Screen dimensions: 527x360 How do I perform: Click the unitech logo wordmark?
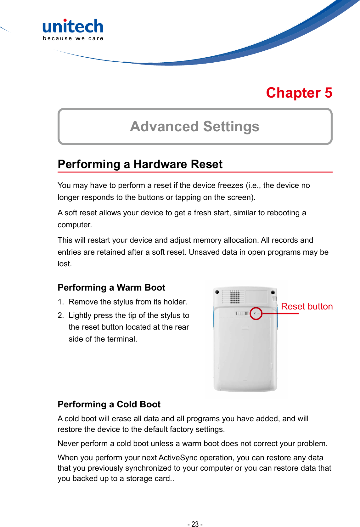(73, 26)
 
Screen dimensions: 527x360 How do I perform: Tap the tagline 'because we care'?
(73, 38)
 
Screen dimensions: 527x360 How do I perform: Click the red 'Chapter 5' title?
(299, 93)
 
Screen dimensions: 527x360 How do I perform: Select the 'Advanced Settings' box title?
(195, 127)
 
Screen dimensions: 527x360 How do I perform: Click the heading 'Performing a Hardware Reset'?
(140, 164)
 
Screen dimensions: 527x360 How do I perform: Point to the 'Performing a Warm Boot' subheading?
(111, 287)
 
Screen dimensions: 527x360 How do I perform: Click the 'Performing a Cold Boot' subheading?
(109, 404)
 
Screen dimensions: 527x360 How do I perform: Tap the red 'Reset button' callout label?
(307, 306)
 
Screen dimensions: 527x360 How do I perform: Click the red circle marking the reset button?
(256, 314)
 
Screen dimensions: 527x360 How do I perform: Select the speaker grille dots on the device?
(235, 297)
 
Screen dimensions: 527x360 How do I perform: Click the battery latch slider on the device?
(242, 313)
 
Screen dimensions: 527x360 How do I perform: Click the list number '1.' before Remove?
(61, 302)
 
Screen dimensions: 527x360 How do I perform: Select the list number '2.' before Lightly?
(61, 315)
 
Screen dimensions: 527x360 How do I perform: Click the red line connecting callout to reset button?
(280, 314)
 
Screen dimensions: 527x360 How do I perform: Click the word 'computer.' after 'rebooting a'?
(75, 225)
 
